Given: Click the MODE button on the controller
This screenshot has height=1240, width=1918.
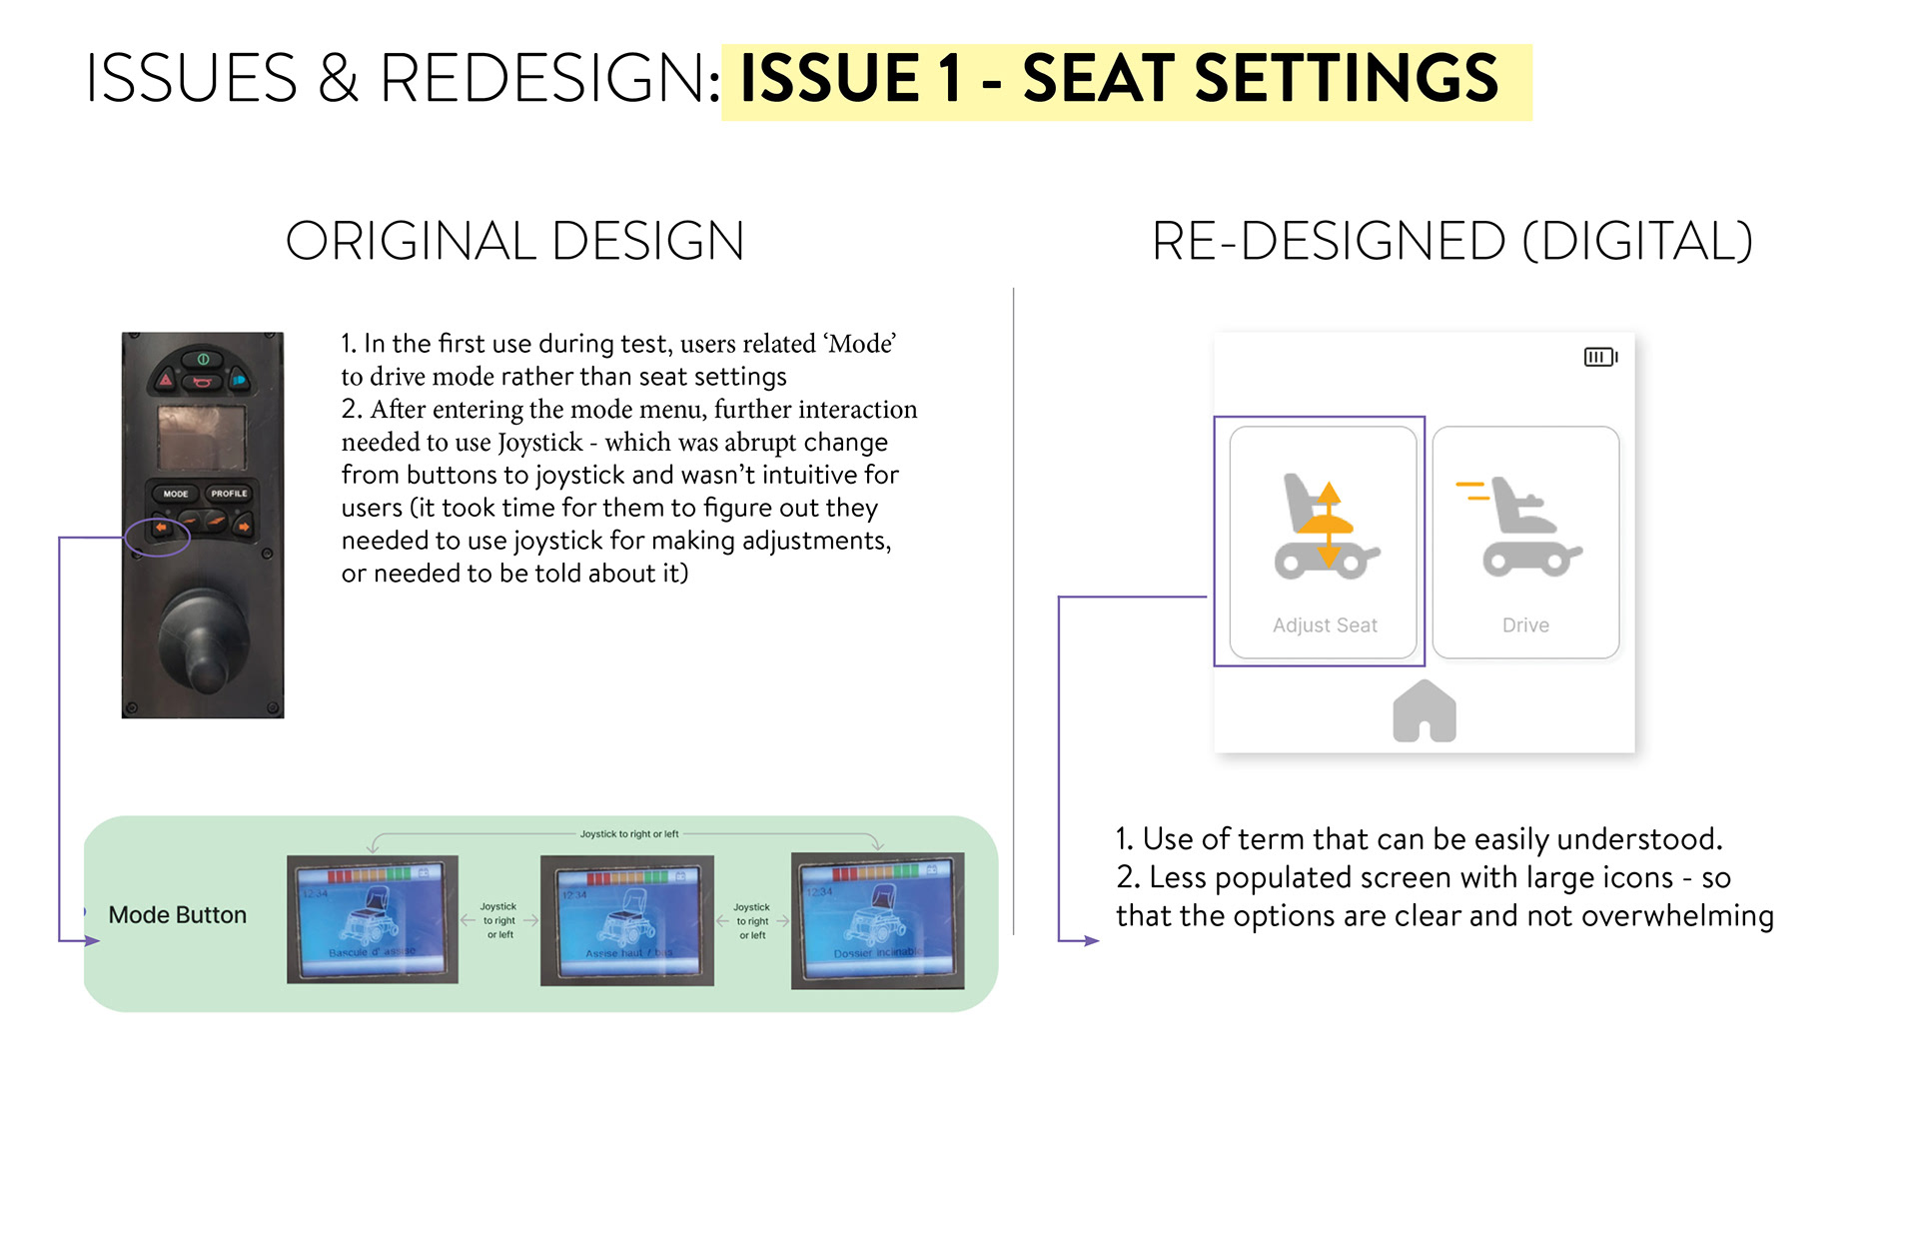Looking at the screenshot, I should coord(176,494).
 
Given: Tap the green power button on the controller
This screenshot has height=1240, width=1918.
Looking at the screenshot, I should coord(203,359).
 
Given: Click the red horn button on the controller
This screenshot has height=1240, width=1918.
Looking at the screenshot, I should coord(202,382).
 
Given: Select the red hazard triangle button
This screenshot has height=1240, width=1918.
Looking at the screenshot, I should coord(166,380).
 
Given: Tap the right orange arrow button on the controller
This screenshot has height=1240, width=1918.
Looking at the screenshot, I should coord(243,525).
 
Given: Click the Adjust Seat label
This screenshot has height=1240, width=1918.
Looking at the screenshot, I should coord(1325,625).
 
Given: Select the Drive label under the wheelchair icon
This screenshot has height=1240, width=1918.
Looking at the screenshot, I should coord(1525,625).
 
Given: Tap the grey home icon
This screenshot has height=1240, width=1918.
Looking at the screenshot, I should coord(1425,711).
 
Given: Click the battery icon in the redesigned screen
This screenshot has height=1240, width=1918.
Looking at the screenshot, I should coord(1600,357).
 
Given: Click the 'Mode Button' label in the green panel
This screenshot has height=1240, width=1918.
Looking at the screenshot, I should coord(177,915).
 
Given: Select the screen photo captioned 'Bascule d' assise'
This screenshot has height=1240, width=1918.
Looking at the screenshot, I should coord(373,919).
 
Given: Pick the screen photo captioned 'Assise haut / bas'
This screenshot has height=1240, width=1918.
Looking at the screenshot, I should coord(627,920).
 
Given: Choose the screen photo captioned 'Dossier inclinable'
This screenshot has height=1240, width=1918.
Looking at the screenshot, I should coord(878,920).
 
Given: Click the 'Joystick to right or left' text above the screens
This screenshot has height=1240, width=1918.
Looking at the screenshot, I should coord(629,833).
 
